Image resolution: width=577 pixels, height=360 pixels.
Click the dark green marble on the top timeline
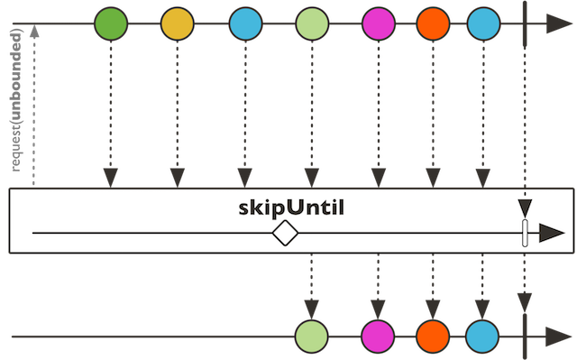point(112,24)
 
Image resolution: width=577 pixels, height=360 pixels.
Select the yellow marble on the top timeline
point(178,24)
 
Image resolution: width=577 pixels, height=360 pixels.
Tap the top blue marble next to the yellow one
point(244,24)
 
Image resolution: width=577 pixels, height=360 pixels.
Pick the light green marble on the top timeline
point(311,24)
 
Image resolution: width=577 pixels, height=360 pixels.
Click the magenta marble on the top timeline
point(378,24)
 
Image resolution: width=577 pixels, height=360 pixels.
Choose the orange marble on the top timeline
point(435,24)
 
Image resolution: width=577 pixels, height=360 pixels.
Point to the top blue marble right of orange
point(484,24)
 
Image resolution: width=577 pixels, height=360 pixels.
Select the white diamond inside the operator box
point(285,234)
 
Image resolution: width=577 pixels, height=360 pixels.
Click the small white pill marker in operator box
point(525,234)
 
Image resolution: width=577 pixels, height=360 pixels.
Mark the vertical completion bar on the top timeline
point(525,24)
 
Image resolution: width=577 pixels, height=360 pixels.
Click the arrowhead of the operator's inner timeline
point(549,234)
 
